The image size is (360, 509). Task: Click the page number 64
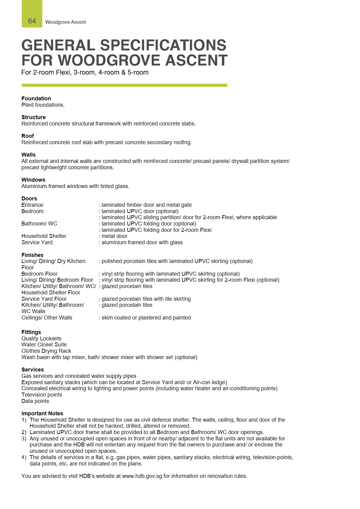32,21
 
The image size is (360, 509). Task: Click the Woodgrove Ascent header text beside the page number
65,22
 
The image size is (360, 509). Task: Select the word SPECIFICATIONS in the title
163,45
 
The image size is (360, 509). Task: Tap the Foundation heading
36,99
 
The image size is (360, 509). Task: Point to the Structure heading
34,117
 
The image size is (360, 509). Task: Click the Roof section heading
28,136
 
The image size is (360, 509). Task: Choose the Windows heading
33,180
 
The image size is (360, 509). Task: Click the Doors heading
29,199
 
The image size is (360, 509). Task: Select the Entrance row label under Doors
32,205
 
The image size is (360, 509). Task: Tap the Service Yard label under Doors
37,242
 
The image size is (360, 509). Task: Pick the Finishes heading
32,255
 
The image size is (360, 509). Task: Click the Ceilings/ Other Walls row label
47,318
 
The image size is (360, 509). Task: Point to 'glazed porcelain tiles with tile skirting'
146,299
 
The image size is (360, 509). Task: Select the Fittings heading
31,332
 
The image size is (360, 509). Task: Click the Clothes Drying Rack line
46,351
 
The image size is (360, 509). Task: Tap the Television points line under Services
42,395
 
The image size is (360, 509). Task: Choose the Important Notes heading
42,413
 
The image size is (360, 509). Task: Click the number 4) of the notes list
24,457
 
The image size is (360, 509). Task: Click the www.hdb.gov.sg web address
142,476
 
